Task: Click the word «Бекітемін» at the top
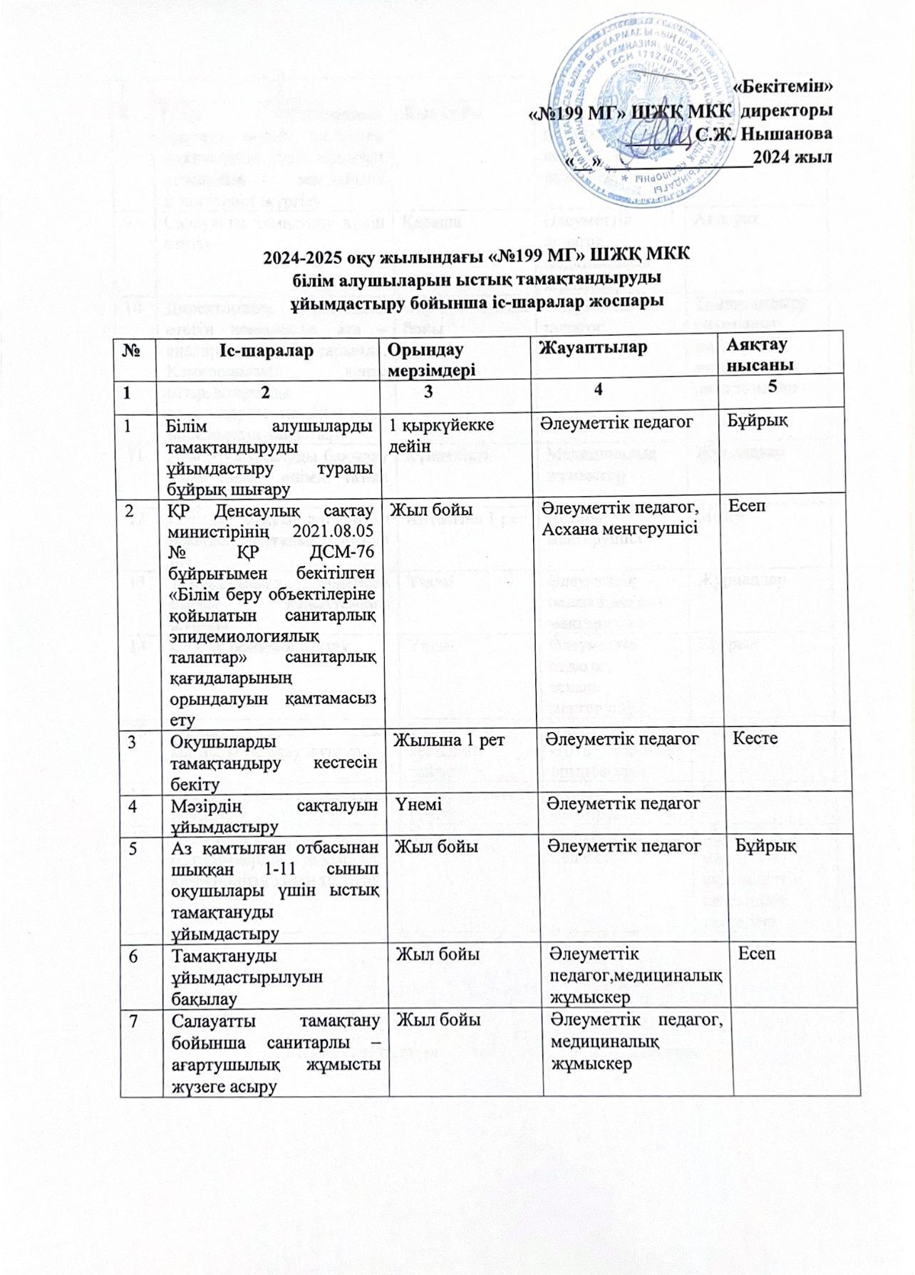[x=782, y=88]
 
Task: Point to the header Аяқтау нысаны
[x=756, y=353]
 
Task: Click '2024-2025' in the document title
[x=298, y=257]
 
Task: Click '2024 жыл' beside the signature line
[x=795, y=158]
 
